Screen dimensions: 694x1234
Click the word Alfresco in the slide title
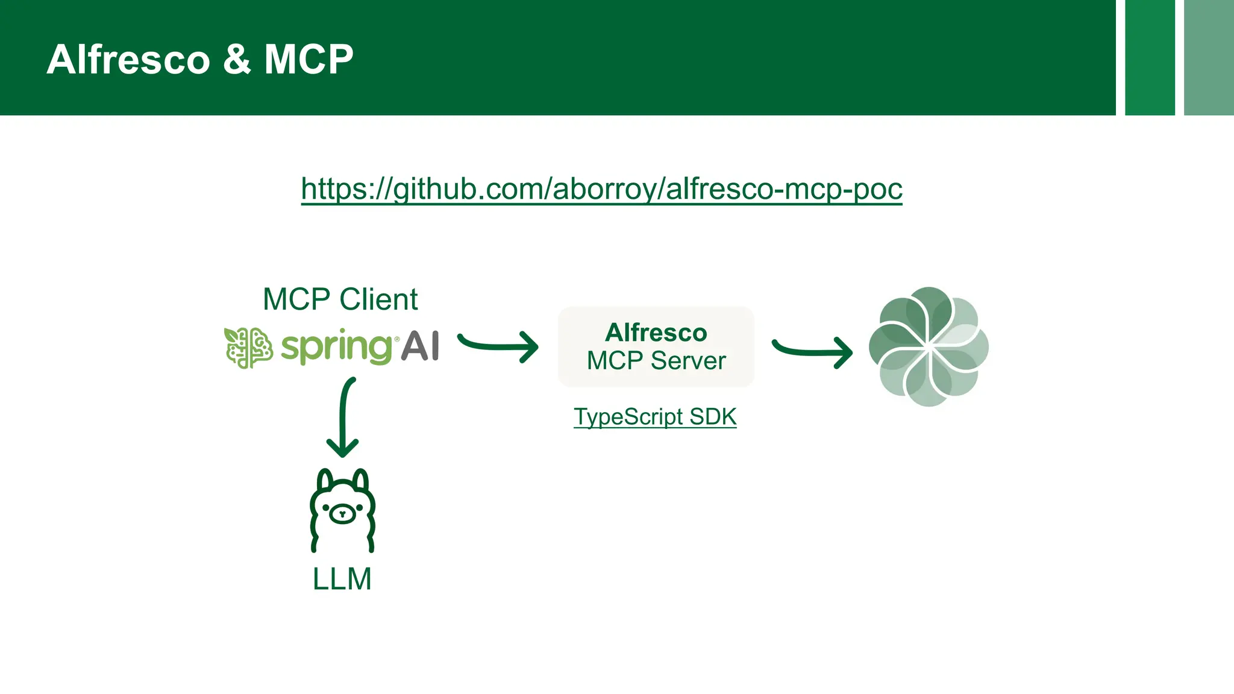(128, 60)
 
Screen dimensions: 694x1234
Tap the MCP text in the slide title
(308, 60)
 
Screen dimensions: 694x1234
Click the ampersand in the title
(237, 60)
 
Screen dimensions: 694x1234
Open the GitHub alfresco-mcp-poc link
(601, 189)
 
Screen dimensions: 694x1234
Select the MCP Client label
(340, 299)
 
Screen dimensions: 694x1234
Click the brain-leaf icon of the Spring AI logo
(248, 348)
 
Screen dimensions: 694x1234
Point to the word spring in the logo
(336, 347)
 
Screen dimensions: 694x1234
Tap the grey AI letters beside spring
(420, 346)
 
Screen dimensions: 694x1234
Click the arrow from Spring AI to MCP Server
(499, 346)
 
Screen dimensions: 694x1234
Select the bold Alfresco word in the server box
(656, 333)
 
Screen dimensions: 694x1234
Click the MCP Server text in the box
(656, 361)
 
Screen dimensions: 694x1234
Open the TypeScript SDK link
(655, 417)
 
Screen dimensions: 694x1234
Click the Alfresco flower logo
(929, 346)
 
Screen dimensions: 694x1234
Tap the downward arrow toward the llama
(343, 417)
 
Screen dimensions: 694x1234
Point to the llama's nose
(342, 514)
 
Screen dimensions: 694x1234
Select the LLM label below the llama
(342, 579)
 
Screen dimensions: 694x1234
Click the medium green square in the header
(1150, 57)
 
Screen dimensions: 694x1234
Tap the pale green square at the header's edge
(1209, 57)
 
